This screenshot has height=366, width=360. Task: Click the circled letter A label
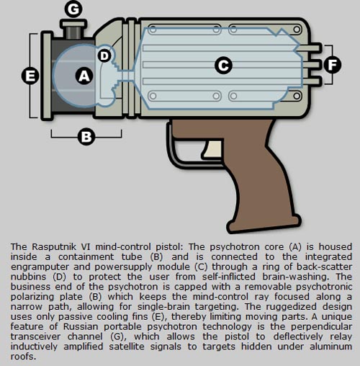click(x=84, y=76)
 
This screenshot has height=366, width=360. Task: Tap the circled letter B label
click(x=86, y=137)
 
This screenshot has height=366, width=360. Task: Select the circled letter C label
click(x=223, y=65)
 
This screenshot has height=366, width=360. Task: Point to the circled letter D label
click(x=104, y=56)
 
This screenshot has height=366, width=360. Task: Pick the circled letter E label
click(x=30, y=76)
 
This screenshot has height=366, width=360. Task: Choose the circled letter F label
click(x=333, y=65)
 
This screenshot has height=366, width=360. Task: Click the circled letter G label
click(x=73, y=9)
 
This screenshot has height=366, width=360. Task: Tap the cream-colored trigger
click(x=212, y=149)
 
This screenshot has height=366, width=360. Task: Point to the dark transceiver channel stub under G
click(x=73, y=32)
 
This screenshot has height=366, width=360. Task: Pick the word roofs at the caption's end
click(x=23, y=357)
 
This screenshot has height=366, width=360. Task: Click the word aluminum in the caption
click(x=330, y=347)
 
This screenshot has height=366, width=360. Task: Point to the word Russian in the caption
click(x=81, y=326)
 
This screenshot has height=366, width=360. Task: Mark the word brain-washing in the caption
click(x=295, y=277)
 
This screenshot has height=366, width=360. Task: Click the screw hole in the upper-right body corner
click(x=297, y=30)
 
